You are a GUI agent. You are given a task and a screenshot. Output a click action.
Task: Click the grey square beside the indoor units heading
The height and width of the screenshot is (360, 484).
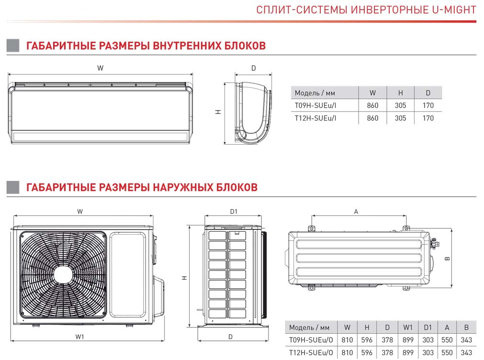coord(13,45)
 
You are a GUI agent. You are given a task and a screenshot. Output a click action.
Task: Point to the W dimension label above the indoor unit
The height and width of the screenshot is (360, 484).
coord(100,68)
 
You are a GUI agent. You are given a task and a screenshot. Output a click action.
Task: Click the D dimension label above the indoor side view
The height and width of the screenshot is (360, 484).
coord(253,68)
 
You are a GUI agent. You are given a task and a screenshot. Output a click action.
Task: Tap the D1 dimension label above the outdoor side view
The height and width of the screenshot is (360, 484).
coord(234,211)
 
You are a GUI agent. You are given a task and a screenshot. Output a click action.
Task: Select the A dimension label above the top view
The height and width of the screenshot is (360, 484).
coord(356,211)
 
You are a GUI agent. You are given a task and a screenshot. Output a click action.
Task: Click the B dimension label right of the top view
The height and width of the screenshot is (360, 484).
coord(447,258)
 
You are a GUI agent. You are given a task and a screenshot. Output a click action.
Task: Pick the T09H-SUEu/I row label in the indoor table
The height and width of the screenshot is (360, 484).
coord(315,105)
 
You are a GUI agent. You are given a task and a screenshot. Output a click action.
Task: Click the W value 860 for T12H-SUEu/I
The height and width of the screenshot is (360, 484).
coord(372,118)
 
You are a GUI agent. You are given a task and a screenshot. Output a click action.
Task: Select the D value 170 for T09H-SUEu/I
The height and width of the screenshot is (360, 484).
coord(428,105)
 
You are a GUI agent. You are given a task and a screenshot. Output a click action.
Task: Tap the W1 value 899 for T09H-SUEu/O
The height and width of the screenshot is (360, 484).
coord(408,340)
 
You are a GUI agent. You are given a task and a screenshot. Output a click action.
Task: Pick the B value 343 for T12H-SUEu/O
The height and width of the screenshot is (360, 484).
coord(465,353)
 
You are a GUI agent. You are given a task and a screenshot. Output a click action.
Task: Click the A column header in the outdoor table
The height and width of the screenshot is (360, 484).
coord(447,327)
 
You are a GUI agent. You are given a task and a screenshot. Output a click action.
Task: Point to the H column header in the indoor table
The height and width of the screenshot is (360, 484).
coord(400,93)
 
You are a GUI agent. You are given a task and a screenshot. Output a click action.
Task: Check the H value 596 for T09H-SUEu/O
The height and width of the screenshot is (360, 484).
coord(367,340)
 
